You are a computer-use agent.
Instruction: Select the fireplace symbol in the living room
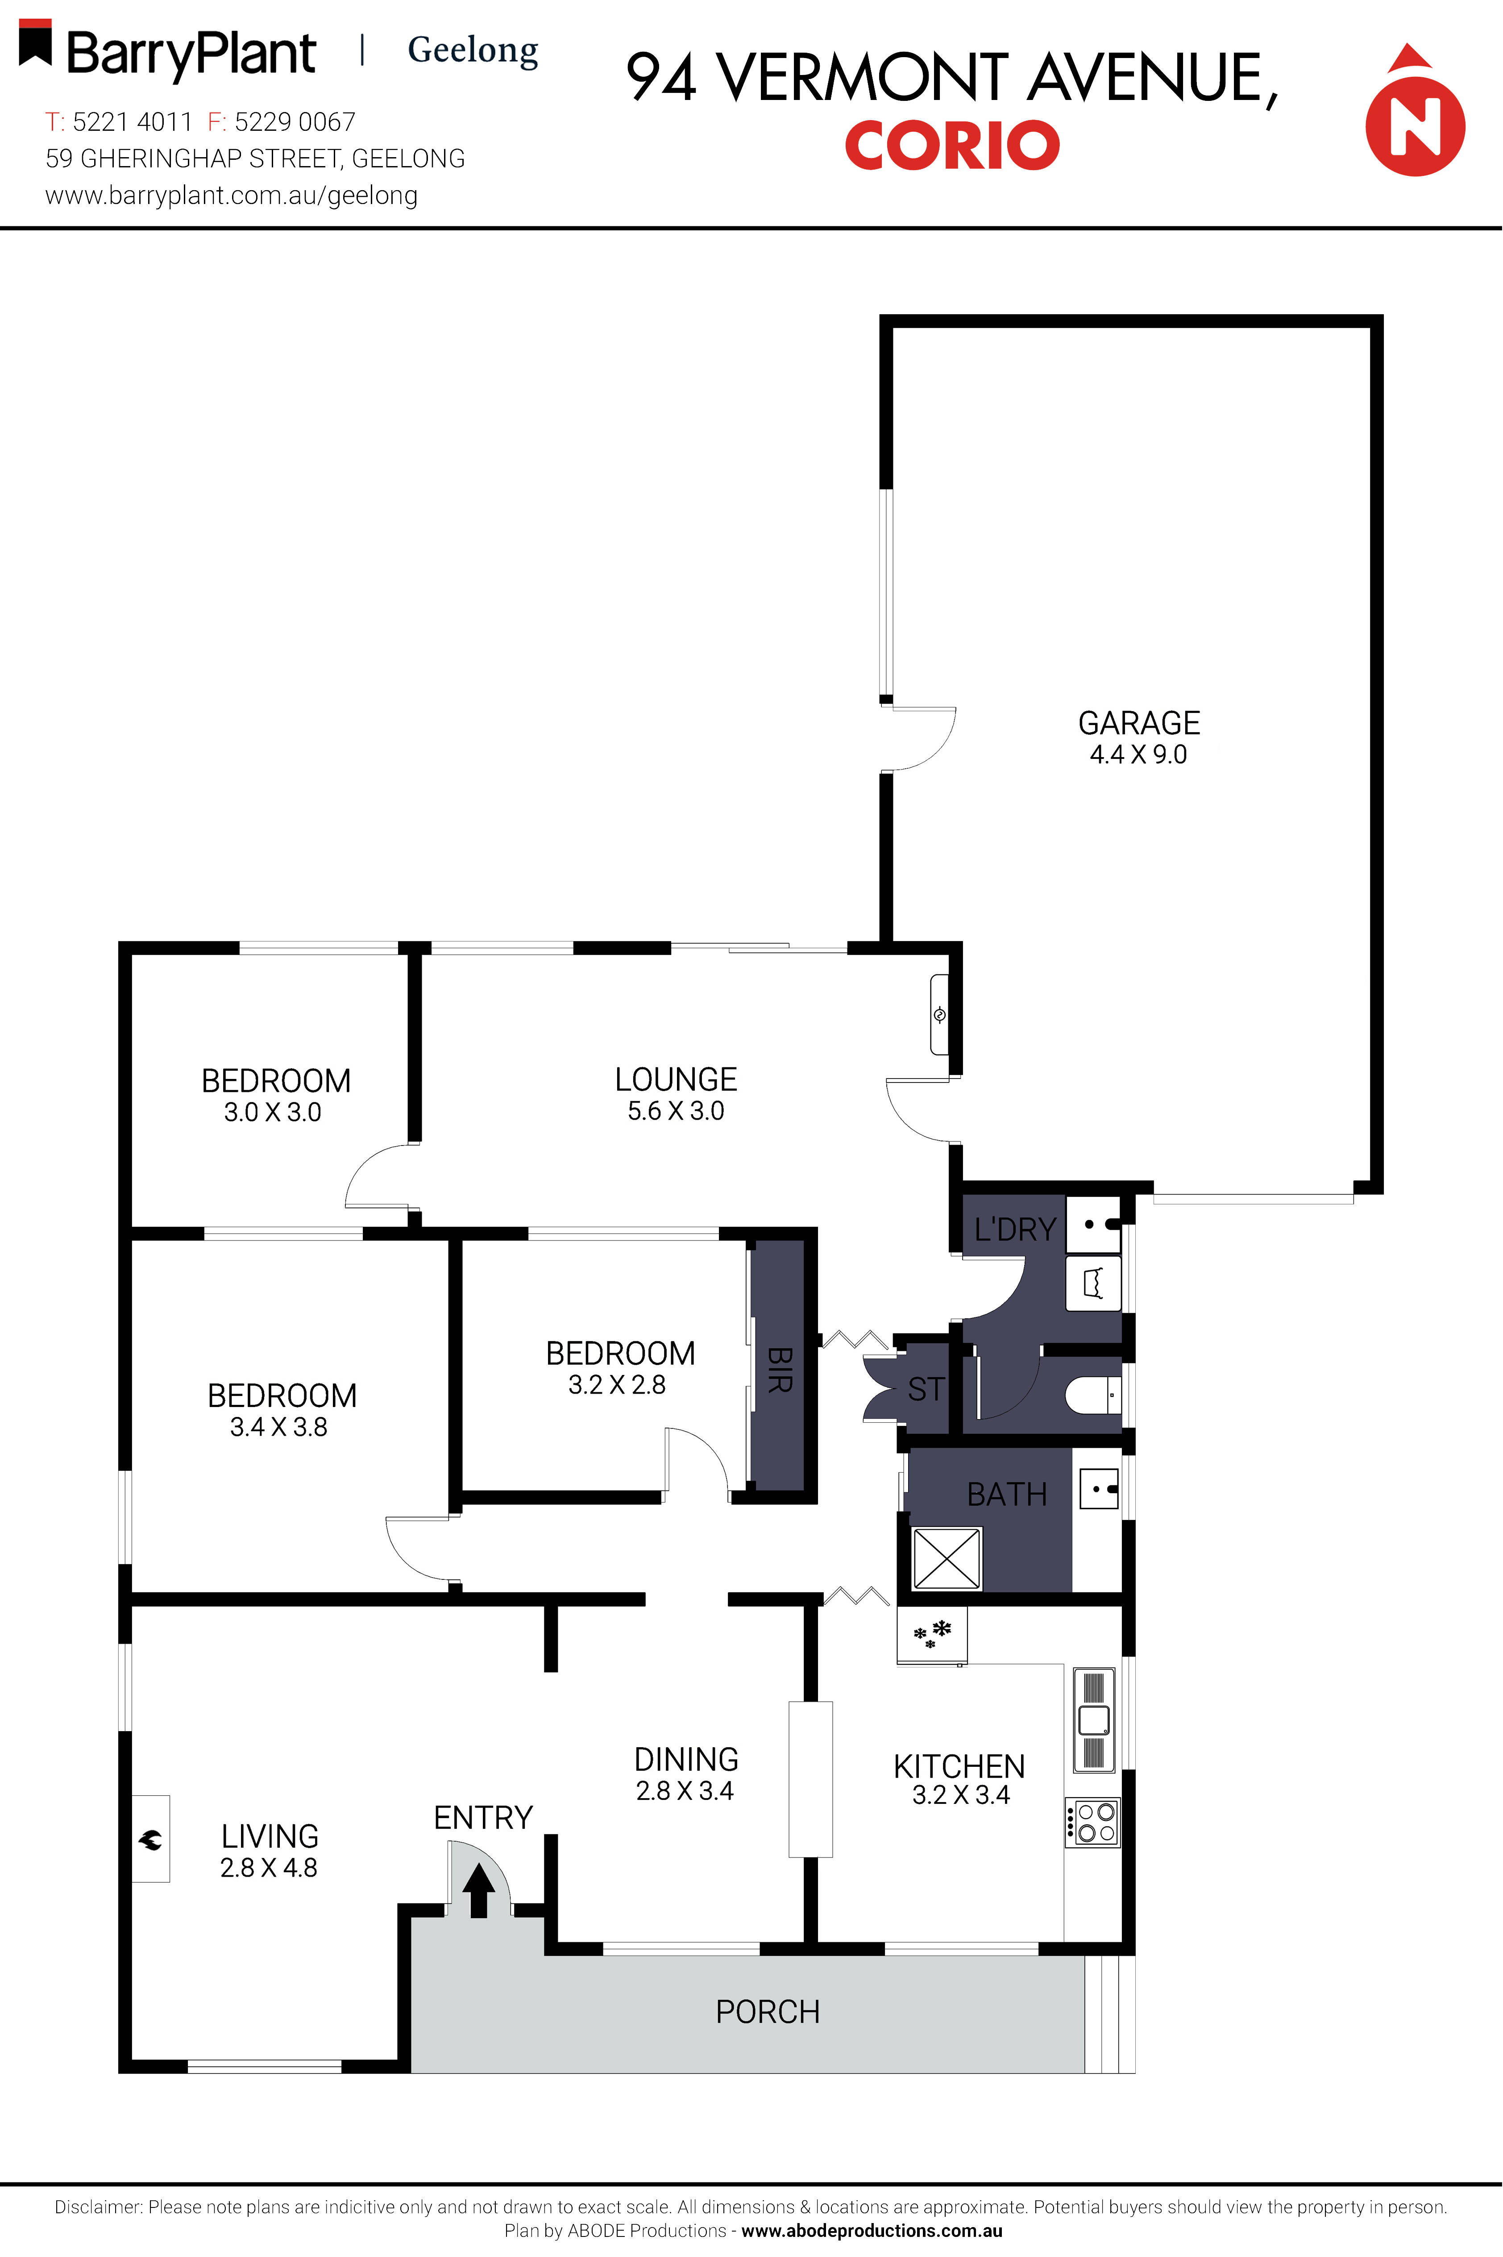point(150,1839)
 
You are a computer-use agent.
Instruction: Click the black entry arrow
point(478,1894)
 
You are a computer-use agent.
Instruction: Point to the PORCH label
point(768,2011)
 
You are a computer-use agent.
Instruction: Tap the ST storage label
point(925,1389)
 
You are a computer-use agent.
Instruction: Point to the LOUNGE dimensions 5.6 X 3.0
point(676,1111)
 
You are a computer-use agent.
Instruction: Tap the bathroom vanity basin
point(1099,1489)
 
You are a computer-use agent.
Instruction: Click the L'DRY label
point(1014,1229)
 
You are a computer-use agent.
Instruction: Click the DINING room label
point(686,1759)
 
